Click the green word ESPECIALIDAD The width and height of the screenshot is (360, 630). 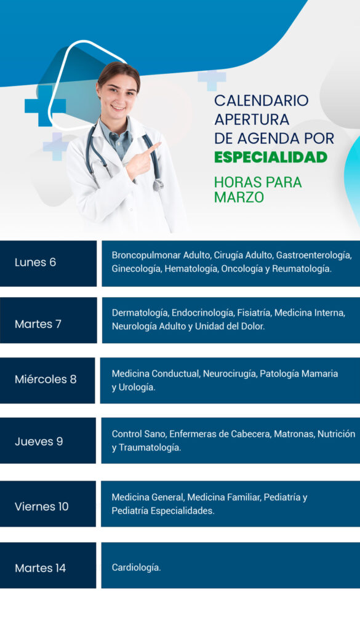(x=270, y=157)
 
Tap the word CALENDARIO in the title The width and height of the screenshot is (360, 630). (x=262, y=100)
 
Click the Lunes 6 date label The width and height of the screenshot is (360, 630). (x=35, y=262)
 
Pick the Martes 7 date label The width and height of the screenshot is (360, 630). (x=38, y=324)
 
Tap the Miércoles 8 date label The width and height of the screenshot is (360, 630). (x=46, y=379)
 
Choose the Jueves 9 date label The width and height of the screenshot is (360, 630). (x=39, y=442)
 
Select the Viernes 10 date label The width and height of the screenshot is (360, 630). (x=42, y=506)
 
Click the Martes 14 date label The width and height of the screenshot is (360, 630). (x=40, y=568)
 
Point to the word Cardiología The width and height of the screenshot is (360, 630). (x=136, y=568)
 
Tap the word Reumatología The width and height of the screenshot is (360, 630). (x=302, y=269)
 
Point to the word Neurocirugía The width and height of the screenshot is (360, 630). (x=230, y=374)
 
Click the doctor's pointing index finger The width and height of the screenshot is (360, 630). (x=152, y=149)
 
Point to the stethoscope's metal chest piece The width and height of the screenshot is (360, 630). (x=158, y=185)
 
